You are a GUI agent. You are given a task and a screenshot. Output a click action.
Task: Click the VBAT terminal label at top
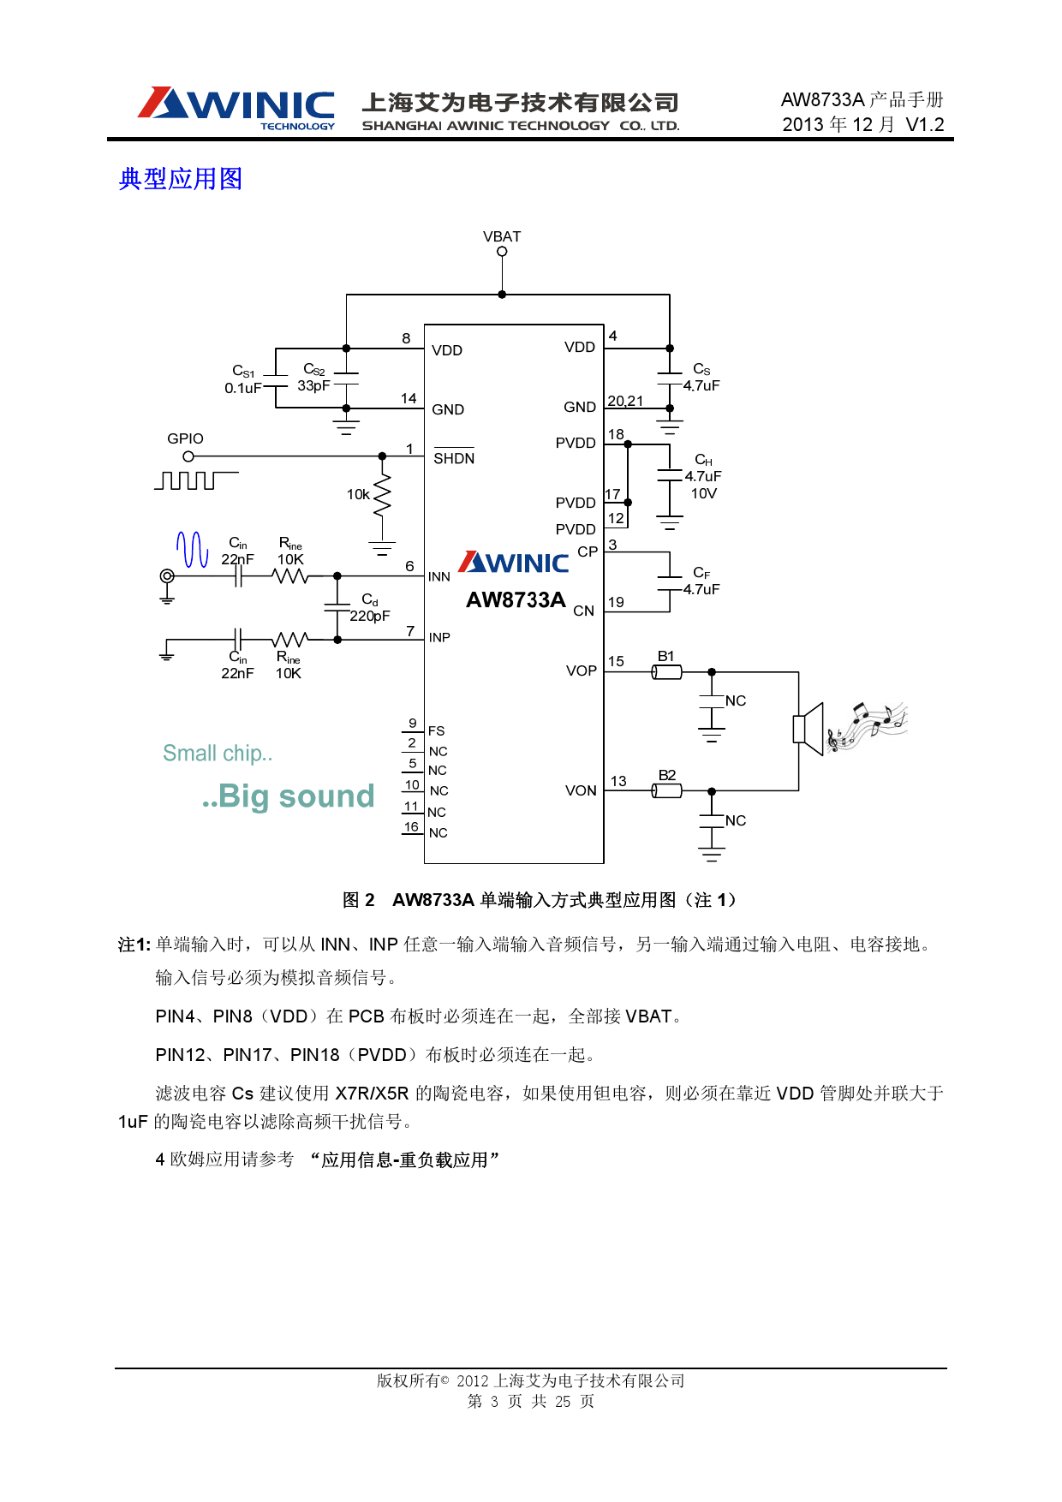pyautogui.click(x=501, y=236)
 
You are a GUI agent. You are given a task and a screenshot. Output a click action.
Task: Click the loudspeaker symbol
pyautogui.click(x=808, y=729)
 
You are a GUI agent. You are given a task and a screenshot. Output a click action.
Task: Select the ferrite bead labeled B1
pyautogui.click(x=667, y=672)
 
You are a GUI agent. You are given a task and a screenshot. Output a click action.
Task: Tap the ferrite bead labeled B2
pyautogui.click(x=667, y=791)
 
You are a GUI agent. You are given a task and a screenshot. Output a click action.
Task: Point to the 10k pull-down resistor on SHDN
pyautogui.click(x=382, y=496)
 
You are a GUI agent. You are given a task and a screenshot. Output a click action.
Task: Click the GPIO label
pyautogui.click(x=185, y=438)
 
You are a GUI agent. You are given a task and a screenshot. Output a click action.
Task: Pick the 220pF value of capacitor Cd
pyautogui.click(x=369, y=616)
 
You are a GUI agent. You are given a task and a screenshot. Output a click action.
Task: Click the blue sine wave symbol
pyautogui.click(x=192, y=549)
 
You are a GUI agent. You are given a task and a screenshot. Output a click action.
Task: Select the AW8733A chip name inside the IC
pyautogui.click(x=516, y=600)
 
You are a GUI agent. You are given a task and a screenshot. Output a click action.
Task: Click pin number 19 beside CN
pyautogui.click(x=616, y=602)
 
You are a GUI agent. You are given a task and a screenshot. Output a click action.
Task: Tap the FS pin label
pyautogui.click(x=436, y=730)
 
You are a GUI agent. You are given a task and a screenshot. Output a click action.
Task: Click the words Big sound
pyautogui.click(x=296, y=796)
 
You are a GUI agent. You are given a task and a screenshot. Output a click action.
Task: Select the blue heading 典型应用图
pyautogui.click(x=181, y=179)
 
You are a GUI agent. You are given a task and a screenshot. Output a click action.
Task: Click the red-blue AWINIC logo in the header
pyautogui.click(x=236, y=107)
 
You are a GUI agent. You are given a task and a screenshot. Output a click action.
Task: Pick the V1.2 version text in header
pyautogui.click(x=924, y=125)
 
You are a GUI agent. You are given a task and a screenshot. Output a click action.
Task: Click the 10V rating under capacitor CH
pyautogui.click(x=703, y=493)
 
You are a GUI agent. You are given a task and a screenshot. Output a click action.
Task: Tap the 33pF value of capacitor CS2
pyautogui.click(x=313, y=386)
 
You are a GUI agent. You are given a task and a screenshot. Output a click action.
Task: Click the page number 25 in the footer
pyautogui.click(x=562, y=1401)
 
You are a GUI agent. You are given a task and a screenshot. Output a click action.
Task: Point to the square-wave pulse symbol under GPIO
pyautogui.click(x=195, y=480)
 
